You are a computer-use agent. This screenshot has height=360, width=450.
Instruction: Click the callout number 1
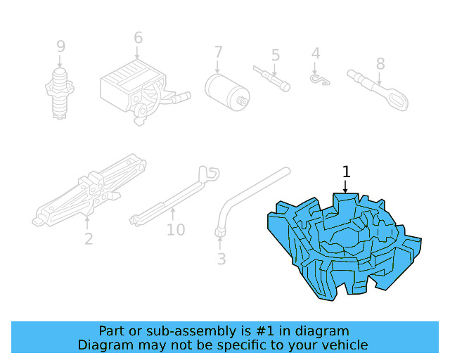click(x=345, y=172)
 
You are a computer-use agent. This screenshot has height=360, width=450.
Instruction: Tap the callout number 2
click(x=88, y=239)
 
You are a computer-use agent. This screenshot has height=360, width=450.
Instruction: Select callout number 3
click(x=221, y=259)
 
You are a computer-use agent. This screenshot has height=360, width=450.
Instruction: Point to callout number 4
click(x=316, y=53)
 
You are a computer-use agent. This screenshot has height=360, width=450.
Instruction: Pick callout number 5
click(x=276, y=55)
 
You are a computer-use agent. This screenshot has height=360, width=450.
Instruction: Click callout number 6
click(x=138, y=38)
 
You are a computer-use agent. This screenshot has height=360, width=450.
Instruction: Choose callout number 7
click(x=218, y=52)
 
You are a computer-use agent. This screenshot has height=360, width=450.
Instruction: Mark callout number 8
click(x=380, y=64)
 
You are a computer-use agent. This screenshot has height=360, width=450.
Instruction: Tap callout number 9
click(x=61, y=46)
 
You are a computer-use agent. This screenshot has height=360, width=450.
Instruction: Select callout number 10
click(x=176, y=229)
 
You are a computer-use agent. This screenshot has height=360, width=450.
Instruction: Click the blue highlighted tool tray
click(x=345, y=246)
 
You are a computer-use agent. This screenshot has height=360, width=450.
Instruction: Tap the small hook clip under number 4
click(x=320, y=80)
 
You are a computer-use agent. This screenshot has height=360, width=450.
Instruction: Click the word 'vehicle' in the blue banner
click(x=343, y=345)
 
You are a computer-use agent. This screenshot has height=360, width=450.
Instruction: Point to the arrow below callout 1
click(x=345, y=186)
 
